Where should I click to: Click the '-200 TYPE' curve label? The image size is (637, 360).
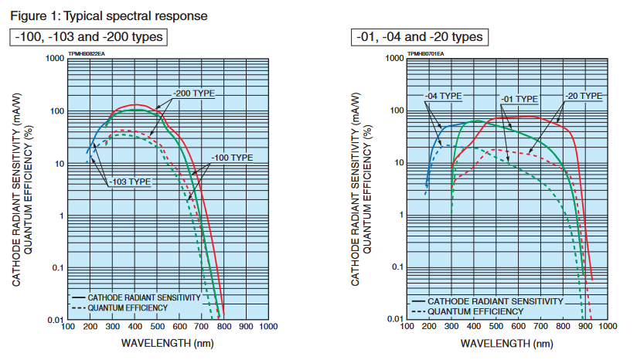tap(193, 93)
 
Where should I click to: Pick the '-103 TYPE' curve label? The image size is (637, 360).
tap(129, 182)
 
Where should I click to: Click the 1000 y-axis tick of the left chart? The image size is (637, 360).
tap(53, 59)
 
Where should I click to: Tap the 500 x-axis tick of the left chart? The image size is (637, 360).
tap(157, 327)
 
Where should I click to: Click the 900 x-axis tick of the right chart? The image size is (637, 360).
tap(586, 328)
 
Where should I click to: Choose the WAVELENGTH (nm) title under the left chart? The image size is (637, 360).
tap(168, 343)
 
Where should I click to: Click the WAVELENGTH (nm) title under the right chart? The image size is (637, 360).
tap(506, 344)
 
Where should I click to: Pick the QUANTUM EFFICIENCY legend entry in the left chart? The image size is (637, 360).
tap(127, 307)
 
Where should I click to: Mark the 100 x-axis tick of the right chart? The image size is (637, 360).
tap(406, 328)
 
